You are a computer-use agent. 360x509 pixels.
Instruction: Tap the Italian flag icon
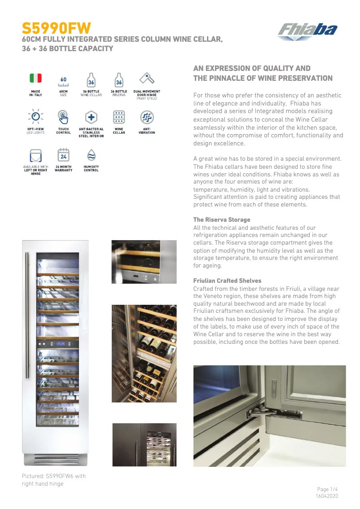35,78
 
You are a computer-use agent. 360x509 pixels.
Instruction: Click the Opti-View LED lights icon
35,116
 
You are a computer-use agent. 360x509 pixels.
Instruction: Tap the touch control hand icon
63,117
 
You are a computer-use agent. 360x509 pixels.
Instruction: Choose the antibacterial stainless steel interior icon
91,117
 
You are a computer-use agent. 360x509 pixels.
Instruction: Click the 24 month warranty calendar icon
63,155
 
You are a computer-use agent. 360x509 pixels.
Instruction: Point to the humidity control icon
91,155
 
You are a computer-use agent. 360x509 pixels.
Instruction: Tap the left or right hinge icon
35,155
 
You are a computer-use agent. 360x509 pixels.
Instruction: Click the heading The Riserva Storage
222,219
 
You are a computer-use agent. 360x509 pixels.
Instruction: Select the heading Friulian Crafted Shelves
227,281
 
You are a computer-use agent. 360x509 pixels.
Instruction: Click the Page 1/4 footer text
327,489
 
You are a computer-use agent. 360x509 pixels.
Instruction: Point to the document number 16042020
327,496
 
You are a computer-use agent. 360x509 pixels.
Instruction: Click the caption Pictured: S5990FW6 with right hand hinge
53,479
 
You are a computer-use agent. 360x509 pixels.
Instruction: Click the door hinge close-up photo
269,416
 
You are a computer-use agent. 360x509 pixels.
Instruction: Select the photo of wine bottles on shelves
144,354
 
